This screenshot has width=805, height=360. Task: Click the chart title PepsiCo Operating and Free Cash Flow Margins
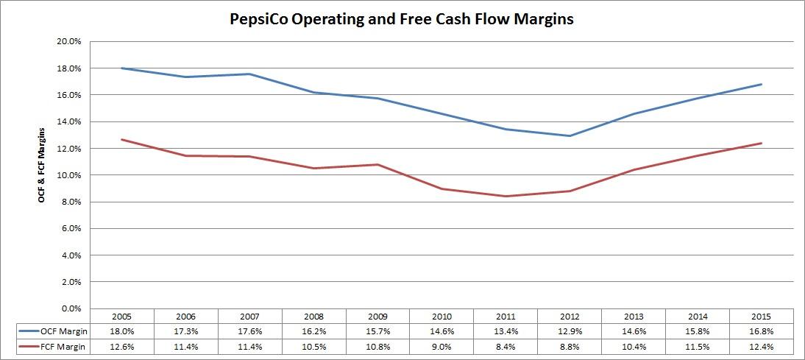(x=401, y=20)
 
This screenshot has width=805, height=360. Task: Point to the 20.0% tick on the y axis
(x=68, y=42)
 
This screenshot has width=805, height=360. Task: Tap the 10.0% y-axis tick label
(x=68, y=175)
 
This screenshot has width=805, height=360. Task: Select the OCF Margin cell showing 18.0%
(x=121, y=332)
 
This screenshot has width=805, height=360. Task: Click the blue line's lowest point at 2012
(x=570, y=135)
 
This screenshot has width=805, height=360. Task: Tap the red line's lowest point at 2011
(x=506, y=196)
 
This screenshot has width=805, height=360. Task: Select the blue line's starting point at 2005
(x=121, y=68)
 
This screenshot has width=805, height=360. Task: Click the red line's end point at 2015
(x=762, y=143)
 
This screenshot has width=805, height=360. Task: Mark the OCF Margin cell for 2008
(x=313, y=332)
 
